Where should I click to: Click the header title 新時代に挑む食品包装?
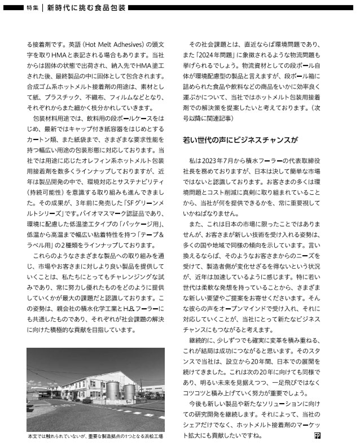click(85, 8)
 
